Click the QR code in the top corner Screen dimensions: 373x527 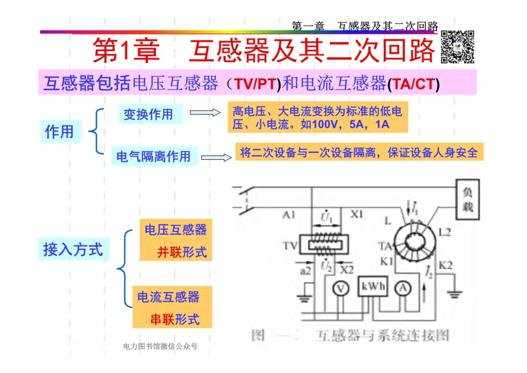point(458,47)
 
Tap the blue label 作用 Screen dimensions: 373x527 point(59,132)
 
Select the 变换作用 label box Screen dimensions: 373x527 point(148,114)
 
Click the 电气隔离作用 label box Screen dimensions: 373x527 point(153,157)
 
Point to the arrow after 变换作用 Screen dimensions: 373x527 point(205,113)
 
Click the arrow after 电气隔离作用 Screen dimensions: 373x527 point(216,157)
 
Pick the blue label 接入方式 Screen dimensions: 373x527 point(73,249)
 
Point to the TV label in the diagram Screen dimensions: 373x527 point(290,245)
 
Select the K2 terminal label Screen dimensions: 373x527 point(445,265)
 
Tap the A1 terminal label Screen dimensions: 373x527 point(288,214)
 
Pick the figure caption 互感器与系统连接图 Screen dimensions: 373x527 point(382,335)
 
